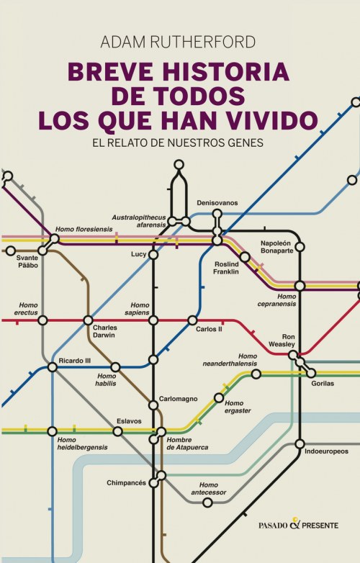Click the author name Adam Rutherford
tap(179, 42)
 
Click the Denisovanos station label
tap(217, 203)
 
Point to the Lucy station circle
tap(153, 254)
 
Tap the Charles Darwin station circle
tap(88, 320)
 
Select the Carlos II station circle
tap(192, 320)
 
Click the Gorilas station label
tap(323, 383)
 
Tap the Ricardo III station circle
tap(52, 367)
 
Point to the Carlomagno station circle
tap(153, 405)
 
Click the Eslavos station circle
tap(117, 431)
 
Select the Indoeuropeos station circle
tap(300, 443)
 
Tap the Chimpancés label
tap(127, 482)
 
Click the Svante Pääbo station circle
tap(10, 251)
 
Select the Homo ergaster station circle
tap(219, 398)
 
